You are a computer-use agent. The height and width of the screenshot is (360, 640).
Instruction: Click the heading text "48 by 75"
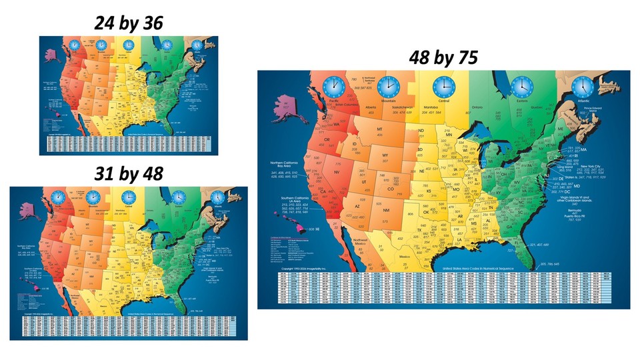[x=443, y=59]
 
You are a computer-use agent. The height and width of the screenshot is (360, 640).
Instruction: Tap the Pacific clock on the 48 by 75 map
[x=333, y=87]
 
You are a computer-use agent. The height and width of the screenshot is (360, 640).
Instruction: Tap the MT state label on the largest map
[x=379, y=129]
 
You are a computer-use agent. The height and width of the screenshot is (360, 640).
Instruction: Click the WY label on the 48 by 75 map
[x=385, y=156]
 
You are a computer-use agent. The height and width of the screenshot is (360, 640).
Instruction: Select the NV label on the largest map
[x=337, y=172]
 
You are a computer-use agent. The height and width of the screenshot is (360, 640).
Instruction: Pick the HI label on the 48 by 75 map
[x=317, y=229]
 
